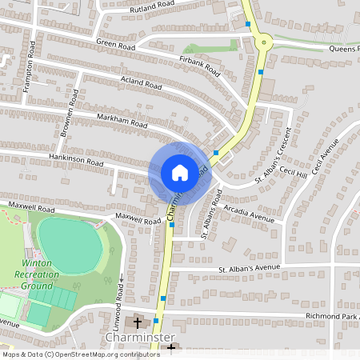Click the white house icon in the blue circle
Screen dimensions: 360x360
click(180, 172)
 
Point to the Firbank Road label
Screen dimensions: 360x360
click(199, 64)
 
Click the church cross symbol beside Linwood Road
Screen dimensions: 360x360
click(138, 322)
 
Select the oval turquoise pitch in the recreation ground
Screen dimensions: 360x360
click(70, 244)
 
